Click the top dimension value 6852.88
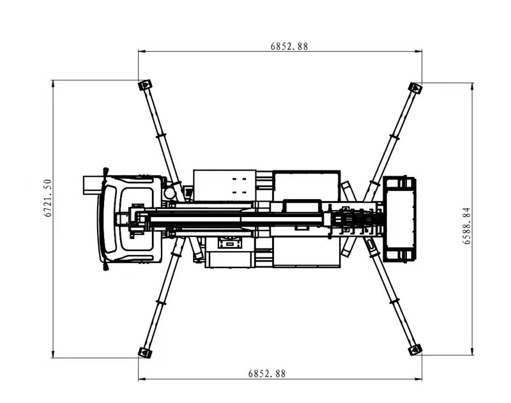(x=289, y=46)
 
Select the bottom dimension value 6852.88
(x=266, y=374)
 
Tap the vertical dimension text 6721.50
(x=47, y=198)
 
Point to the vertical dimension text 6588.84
(x=467, y=226)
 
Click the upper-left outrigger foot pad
(x=145, y=86)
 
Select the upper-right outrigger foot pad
(x=415, y=88)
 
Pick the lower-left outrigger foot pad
(x=145, y=353)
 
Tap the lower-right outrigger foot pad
(x=415, y=350)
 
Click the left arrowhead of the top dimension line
(x=142, y=51)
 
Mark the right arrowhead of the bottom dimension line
(x=418, y=379)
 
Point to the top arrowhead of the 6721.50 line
(x=53, y=84)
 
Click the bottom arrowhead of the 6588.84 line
(x=472, y=351)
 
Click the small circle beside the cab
(x=169, y=193)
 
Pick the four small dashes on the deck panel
(x=239, y=185)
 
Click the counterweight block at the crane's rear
(x=399, y=219)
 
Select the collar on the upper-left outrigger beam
(x=162, y=135)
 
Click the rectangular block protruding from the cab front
(x=93, y=185)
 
